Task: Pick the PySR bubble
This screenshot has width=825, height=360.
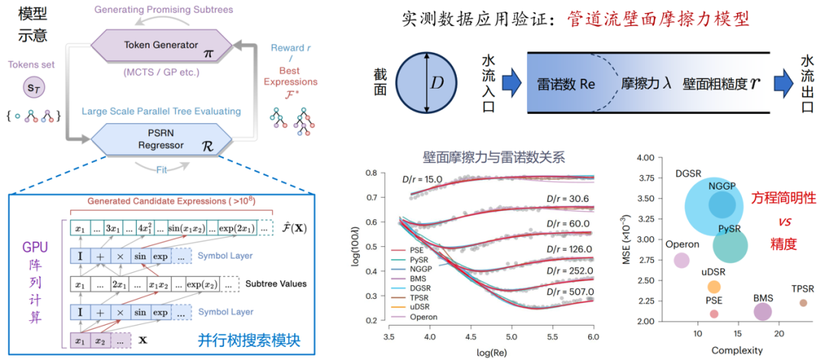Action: pyautogui.click(x=730, y=245)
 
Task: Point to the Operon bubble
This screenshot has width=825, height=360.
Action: pyautogui.click(x=682, y=260)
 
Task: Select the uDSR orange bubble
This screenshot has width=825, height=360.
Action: pyautogui.click(x=713, y=287)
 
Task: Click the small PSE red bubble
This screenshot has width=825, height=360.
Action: pyautogui.click(x=713, y=313)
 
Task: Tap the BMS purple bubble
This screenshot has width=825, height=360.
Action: pyautogui.click(x=762, y=311)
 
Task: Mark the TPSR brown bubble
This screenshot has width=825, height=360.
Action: pyautogui.click(x=803, y=303)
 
